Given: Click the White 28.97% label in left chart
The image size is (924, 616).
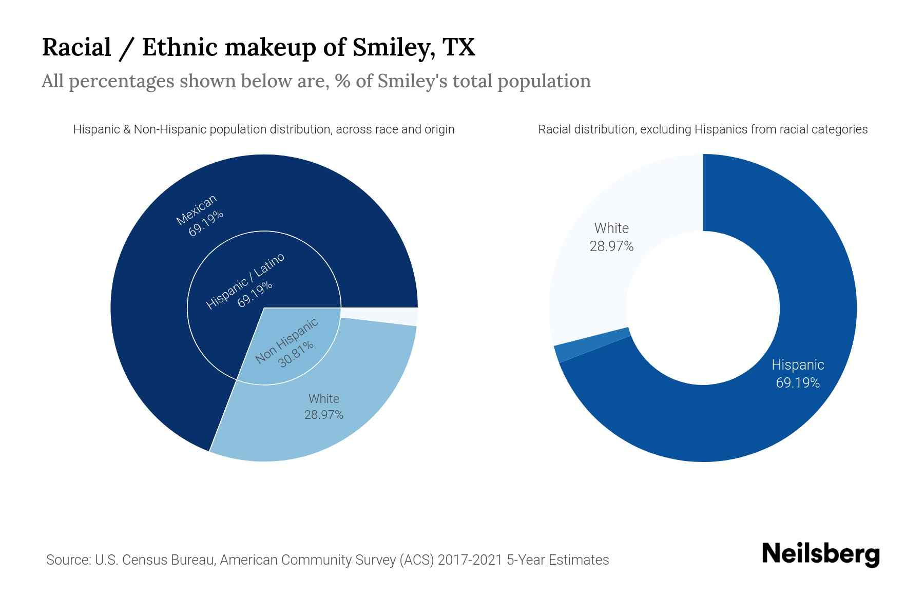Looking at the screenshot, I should (324, 407).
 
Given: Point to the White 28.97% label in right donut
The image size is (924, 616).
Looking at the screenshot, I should (611, 237).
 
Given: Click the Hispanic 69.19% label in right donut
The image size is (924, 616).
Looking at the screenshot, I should (798, 374).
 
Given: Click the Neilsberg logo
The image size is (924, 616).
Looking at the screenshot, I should (820, 554).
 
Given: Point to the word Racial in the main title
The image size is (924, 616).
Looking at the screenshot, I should (76, 47).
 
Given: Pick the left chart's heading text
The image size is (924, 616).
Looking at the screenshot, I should (263, 129).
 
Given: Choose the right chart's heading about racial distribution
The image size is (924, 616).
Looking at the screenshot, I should (702, 129).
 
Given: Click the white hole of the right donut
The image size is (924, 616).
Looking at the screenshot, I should (703, 308).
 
